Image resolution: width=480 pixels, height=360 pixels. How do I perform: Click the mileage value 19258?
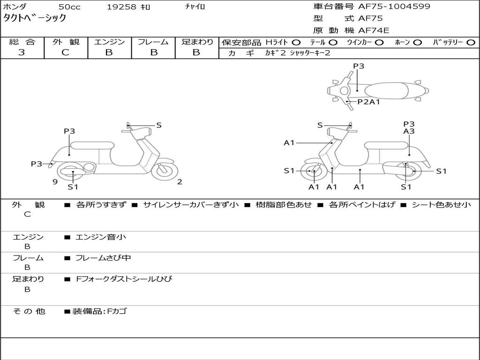[121, 7]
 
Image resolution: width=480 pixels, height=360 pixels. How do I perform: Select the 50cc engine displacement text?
[68, 7]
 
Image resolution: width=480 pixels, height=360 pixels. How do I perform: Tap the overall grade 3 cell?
[22, 52]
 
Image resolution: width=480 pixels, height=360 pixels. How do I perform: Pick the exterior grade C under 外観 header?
[65, 52]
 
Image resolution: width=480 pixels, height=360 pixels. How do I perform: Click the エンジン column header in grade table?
[109, 42]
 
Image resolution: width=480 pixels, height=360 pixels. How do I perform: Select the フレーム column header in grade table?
[153, 42]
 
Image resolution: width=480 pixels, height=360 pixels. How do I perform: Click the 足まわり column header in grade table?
[197, 42]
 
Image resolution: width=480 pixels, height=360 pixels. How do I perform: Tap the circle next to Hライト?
[296, 43]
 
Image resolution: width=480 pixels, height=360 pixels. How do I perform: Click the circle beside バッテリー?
[471, 43]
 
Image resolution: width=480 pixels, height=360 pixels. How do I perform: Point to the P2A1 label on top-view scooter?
[368, 102]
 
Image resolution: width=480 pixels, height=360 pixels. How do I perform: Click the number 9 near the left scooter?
[55, 182]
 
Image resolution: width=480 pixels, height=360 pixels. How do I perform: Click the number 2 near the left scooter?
[180, 182]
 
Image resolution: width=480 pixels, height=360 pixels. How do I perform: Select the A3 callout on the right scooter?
[409, 132]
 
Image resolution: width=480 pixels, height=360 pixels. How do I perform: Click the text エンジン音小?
[101, 237]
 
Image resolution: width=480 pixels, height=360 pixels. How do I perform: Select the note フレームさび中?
[103, 258]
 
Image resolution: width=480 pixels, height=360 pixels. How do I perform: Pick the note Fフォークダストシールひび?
[124, 279]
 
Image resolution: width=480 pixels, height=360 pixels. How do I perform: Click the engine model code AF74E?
[374, 30]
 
